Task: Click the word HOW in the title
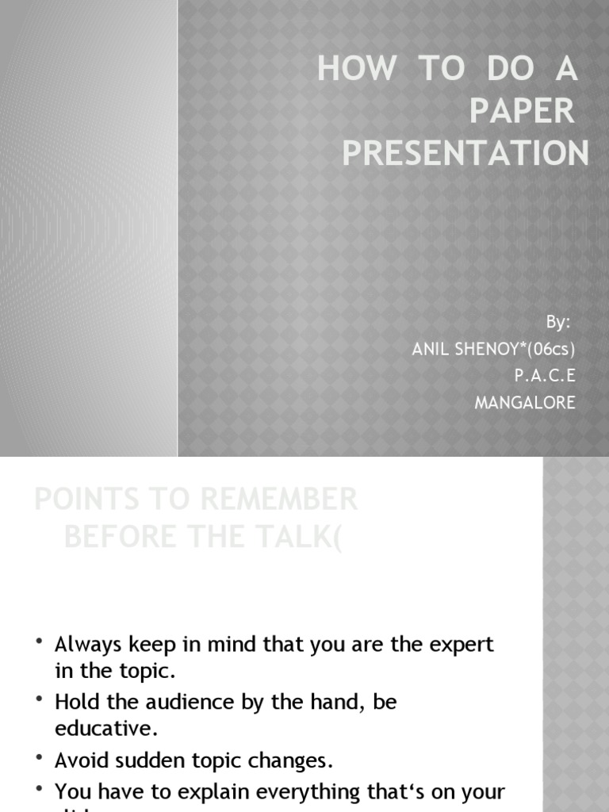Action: pos(356,70)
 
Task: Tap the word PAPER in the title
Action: pos(521,112)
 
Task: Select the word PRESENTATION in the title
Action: pos(465,153)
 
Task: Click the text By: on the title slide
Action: pos(558,322)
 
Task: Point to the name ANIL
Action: pos(431,349)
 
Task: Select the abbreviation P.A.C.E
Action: pos(545,376)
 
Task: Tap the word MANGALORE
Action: pos(525,403)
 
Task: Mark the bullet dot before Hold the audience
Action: pos(39,699)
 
